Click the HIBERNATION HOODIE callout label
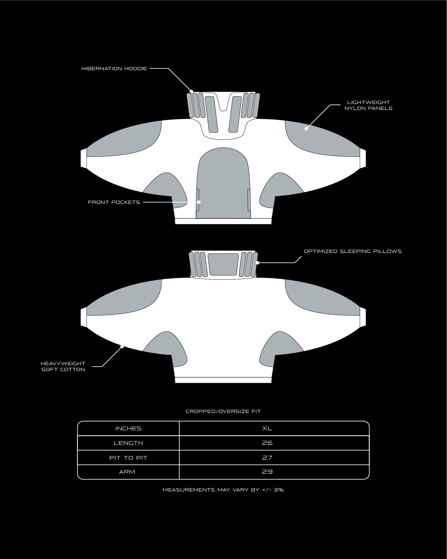click(114, 69)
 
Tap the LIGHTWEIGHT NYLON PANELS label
click(369, 105)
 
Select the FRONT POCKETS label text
click(114, 202)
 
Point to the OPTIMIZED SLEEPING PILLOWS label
click(353, 251)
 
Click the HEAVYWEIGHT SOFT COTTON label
click(63, 366)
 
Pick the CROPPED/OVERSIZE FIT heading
click(223, 411)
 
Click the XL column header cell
click(267, 428)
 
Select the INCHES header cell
click(128, 428)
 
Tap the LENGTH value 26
click(267, 443)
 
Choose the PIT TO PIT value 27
click(267, 458)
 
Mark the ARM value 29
click(267, 472)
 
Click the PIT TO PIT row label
click(128, 458)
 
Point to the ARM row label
click(127, 472)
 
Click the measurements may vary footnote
click(223, 490)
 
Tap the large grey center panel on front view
click(223, 183)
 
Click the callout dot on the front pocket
click(199, 202)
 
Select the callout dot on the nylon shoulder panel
click(306, 129)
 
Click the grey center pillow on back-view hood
click(223, 264)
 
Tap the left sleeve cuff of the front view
click(83, 159)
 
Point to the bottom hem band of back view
click(223, 380)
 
